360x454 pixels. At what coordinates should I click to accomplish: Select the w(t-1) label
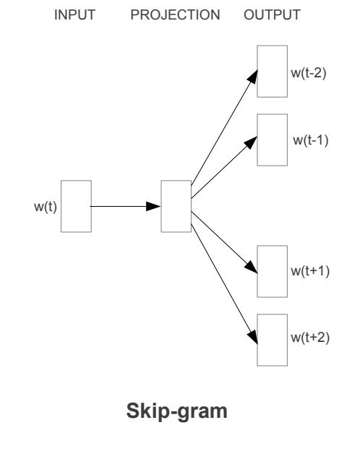click(310, 139)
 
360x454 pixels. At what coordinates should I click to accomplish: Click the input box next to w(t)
click(76, 206)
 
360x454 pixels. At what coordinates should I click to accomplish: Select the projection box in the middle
click(176, 206)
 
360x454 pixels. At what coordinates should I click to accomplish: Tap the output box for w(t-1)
click(273, 140)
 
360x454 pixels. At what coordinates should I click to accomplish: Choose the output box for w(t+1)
click(273, 271)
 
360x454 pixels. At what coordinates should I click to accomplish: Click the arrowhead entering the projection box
click(154, 206)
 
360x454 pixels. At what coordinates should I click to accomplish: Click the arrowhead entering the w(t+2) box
click(253, 337)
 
